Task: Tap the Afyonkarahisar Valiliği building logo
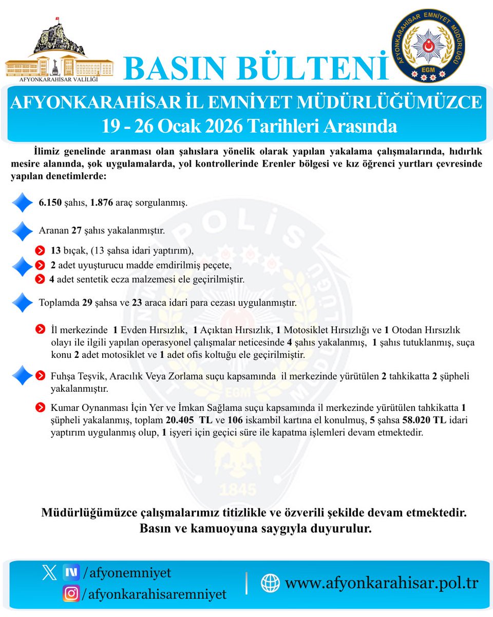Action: [x=59, y=51]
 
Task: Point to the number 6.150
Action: [x=49, y=203]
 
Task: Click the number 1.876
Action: [x=102, y=203]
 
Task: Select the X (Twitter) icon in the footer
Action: [x=49, y=572]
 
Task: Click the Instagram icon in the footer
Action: [x=71, y=594]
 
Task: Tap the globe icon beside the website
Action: [x=270, y=583]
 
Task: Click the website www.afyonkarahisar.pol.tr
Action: [x=382, y=583]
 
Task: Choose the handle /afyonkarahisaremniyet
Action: [x=155, y=594]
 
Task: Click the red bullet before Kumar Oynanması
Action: [x=40, y=407]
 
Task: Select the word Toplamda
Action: [x=60, y=303]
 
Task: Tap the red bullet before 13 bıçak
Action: [x=40, y=251]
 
